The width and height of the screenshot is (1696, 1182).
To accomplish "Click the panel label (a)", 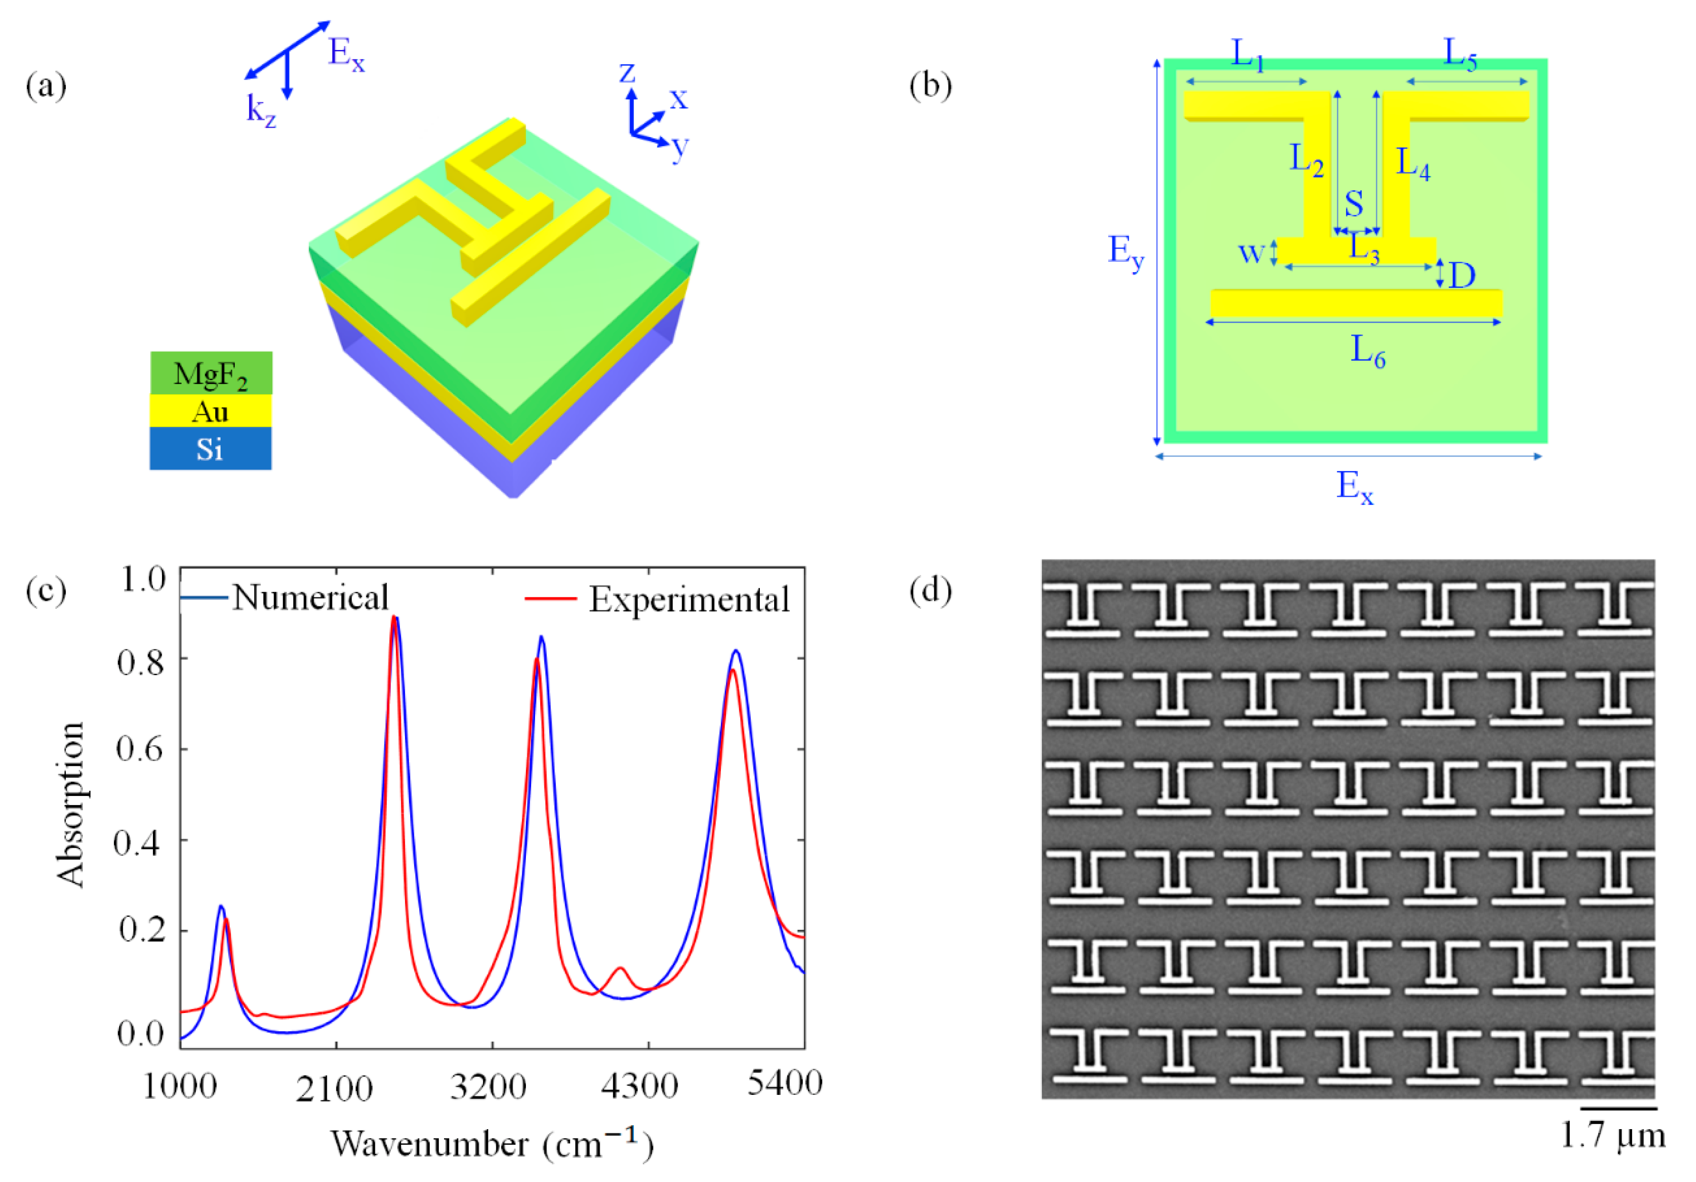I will (46, 86).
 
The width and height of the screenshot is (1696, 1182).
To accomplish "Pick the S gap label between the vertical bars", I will (1353, 203).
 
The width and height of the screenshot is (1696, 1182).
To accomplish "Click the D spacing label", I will (1462, 275).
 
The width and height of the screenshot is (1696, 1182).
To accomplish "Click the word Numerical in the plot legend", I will (310, 597).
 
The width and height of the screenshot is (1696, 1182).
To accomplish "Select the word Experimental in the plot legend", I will (688, 599).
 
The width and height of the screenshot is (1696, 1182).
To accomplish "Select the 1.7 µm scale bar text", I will (1613, 1135).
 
